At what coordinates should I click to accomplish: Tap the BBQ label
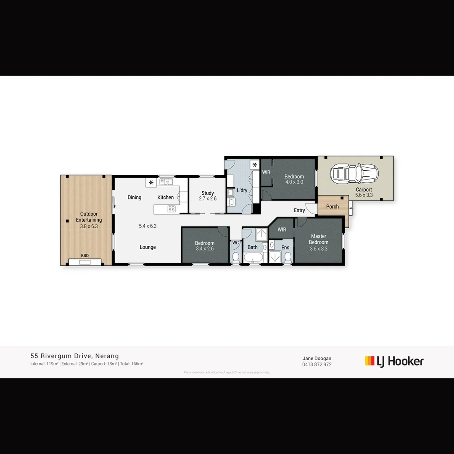85,256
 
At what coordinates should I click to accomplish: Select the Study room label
208,193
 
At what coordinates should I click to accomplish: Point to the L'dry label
242,190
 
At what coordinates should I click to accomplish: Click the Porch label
333,206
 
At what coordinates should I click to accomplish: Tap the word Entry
299,210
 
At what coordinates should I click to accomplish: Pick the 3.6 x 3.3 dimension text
319,248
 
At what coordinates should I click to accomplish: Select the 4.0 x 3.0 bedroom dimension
294,182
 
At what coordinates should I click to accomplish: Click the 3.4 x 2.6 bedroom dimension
205,248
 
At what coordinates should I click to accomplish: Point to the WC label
235,243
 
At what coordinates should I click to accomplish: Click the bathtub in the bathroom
253,258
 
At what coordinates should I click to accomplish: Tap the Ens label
285,247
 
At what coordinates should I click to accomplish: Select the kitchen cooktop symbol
172,209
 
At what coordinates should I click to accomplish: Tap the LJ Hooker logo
394,361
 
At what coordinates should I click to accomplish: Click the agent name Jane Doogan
317,359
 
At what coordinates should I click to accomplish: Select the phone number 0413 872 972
317,364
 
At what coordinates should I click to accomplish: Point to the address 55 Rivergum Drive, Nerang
74,356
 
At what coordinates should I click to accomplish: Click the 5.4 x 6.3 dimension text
148,226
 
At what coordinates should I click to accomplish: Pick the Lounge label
148,247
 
